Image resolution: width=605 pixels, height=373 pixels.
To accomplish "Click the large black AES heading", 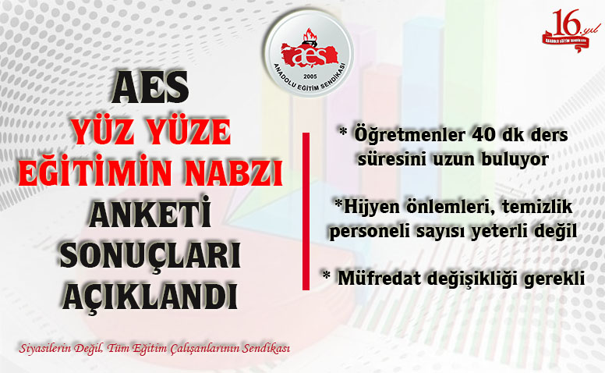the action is pyautogui.click(x=150, y=87).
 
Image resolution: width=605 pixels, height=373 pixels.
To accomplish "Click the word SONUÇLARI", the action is pyautogui.click(x=150, y=255).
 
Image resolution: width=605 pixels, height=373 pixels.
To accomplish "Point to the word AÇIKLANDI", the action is pyautogui.click(x=150, y=297).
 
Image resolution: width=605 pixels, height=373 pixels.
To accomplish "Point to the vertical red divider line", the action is pyautogui.click(x=306, y=211).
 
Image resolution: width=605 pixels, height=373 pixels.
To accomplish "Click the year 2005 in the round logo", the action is pyautogui.click(x=310, y=76).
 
